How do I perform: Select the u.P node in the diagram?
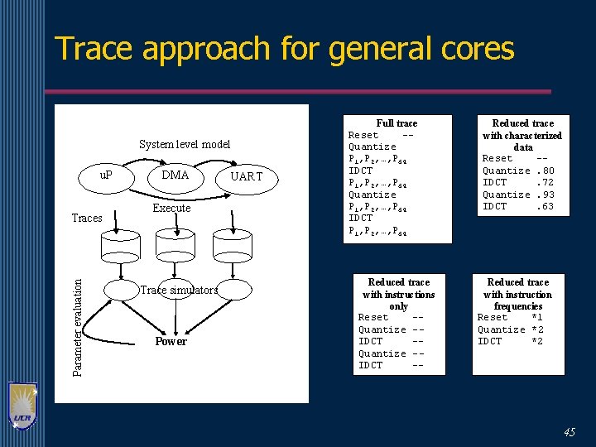pos(106,175)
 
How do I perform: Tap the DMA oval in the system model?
pos(175,175)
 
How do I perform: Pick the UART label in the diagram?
pos(246,176)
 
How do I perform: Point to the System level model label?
pos(185,144)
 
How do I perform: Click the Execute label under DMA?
pos(171,209)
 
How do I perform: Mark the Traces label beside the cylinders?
pos(87,219)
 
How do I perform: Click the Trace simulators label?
pos(179,290)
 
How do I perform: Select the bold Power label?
pos(171,341)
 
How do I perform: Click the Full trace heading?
pos(397,123)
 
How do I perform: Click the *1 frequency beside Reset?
pos(537,317)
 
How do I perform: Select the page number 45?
pos(569,432)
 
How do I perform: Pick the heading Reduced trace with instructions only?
pos(398,294)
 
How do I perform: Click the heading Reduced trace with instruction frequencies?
pos(517,294)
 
